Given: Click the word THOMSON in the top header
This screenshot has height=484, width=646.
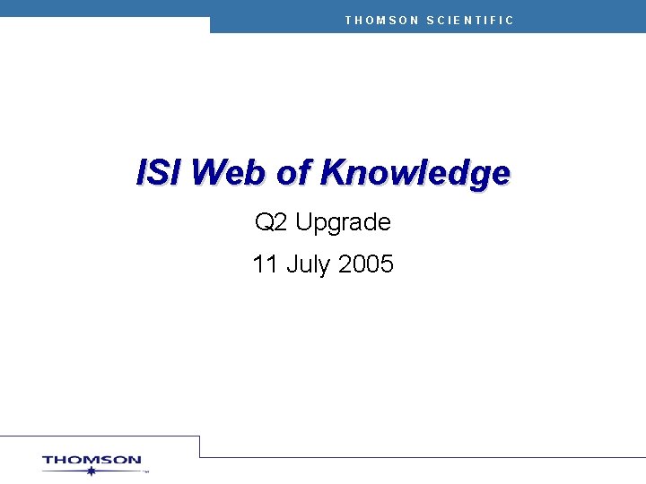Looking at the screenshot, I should (381, 20).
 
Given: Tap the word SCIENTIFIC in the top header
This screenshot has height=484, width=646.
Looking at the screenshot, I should (470, 20).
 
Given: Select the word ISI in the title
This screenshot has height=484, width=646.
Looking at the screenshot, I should (160, 172).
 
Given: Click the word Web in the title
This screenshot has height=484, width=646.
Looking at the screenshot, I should (229, 172).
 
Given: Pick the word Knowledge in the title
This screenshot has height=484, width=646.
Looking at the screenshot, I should (415, 173).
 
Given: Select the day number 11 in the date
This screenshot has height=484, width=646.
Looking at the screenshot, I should (264, 264).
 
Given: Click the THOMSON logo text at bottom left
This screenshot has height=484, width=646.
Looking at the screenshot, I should (92, 461).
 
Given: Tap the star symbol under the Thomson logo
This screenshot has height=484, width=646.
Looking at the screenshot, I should (91, 471).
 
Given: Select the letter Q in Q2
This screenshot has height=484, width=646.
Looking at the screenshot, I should (264, 221).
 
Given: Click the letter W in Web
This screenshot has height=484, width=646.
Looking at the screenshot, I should (207, 172).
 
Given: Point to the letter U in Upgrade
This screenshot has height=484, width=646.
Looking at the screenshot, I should (303, 221).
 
